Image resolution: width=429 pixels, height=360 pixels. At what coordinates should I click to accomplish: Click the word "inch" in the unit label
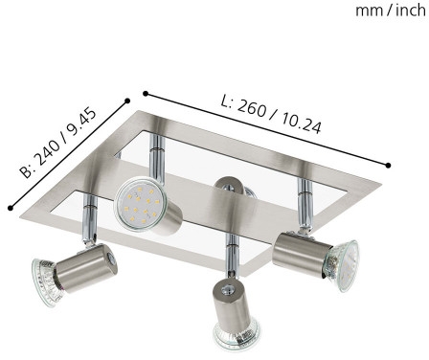411,11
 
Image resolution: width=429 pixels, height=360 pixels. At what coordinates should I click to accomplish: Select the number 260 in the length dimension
252,108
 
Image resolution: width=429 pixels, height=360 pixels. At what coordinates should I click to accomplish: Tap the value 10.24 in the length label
301,123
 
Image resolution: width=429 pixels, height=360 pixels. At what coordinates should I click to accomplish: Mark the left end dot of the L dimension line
146,94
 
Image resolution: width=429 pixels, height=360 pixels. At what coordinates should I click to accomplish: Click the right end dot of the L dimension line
388,166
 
